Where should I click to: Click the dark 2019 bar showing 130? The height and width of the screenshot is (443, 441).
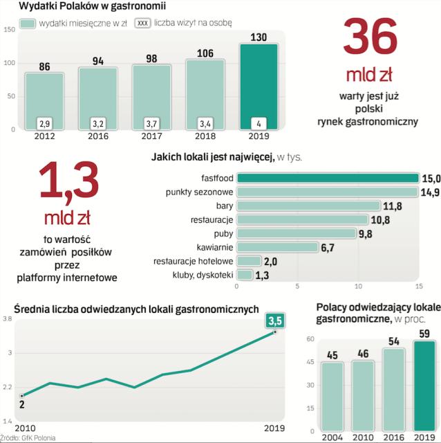click(259, 86)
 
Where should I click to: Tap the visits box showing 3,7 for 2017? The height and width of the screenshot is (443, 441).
click(151, 123)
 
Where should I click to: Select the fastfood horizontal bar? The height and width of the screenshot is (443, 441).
click(326, 178)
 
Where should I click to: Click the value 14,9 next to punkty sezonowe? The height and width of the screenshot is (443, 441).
click(430, 192)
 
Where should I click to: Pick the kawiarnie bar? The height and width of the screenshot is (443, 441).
click(277, 247)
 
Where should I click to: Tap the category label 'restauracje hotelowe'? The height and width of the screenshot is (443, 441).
click(193, 261)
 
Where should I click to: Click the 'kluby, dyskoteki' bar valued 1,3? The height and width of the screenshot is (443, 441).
click(243, 275)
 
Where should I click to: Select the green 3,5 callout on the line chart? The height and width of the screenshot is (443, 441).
click(276, 319)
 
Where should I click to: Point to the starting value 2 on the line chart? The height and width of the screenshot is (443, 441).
click(22, 404)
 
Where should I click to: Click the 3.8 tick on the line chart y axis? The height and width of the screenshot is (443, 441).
click(7, 319)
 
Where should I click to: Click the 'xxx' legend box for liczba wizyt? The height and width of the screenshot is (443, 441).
click(143, 23)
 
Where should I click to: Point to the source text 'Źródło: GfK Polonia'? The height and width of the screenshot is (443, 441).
click(28, 438)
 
